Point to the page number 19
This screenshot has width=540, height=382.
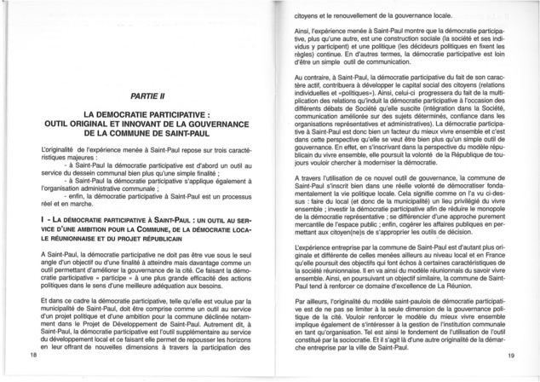[510, 354]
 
